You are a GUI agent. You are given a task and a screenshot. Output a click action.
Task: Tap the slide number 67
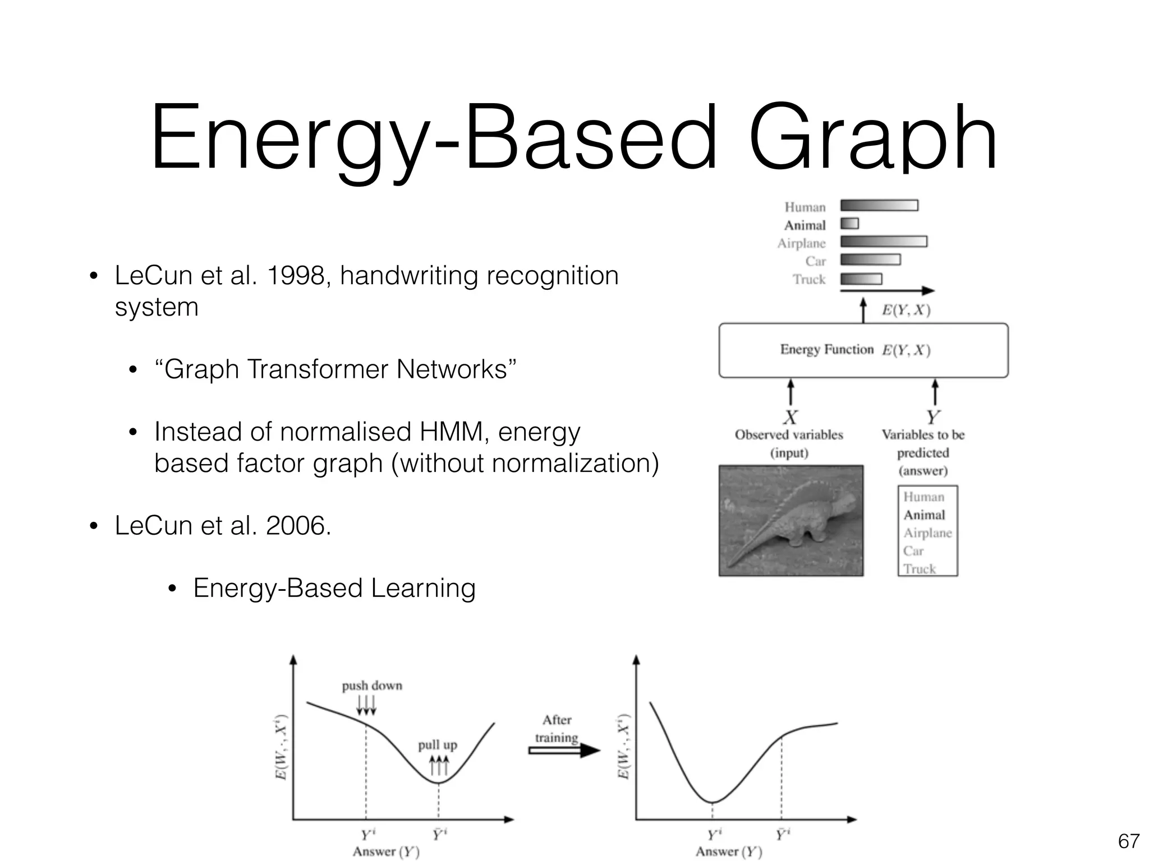pyautogui.click(x=1128, y=841)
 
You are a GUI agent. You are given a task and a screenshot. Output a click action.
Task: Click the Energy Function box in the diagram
pyautogui.click(x=863, y=350)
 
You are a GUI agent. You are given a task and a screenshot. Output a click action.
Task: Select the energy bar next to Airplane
pyautogui.click(x=884, y=242)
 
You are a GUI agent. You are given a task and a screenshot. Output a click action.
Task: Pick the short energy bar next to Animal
pyautogui.click(x=849, y=224)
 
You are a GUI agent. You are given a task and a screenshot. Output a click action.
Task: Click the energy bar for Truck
pyautogui.click(x=861, y=279)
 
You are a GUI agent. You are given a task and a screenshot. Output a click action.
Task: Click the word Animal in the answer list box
pyautogui.click(x=924, y=515)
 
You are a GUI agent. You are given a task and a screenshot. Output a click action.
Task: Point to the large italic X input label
pyautogui.click(x=790, y=417)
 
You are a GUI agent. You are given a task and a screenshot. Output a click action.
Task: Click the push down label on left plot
pyautogui.click(x=372, y=686)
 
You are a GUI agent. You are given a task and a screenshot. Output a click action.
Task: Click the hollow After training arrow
pyautogui.click(x=564, y=750)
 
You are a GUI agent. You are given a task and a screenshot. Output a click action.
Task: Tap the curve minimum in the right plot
pyautogui.click(x=712, y=802)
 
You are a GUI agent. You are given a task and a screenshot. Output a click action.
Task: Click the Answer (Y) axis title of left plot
pyautogui.click(x=386, y=851)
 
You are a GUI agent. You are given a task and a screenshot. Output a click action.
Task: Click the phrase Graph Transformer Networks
pyautogui.click(x=335, y=369)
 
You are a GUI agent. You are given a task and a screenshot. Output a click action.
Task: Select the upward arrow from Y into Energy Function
pyautogui.click(x=935, y=392)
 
